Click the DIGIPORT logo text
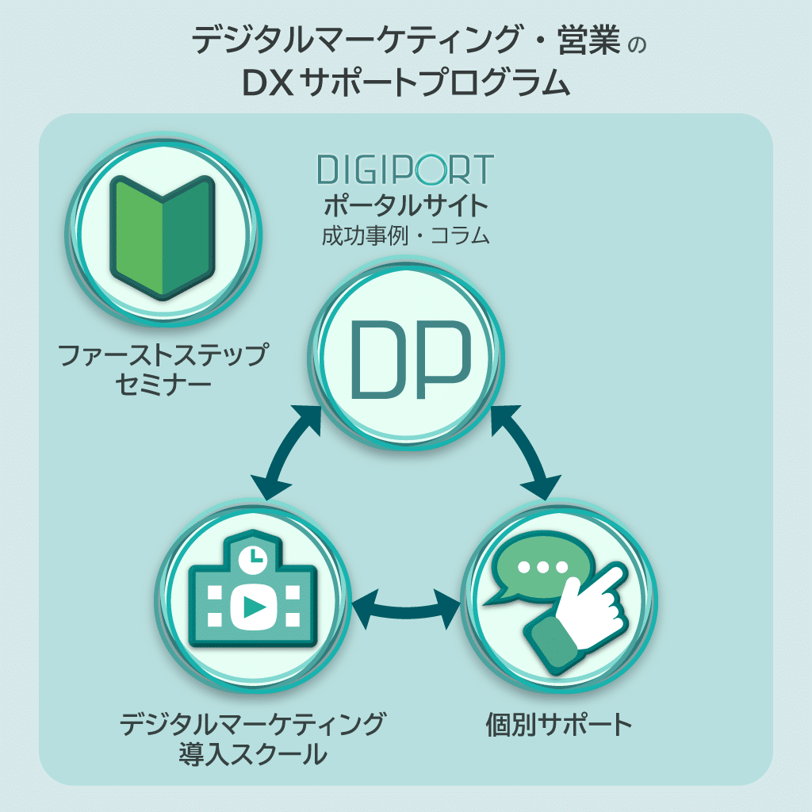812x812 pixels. pyautogui.click(x=404, y=170)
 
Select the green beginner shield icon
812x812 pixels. pyautogui.click(x=163, y=236)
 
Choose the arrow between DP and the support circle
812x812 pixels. pyautogui.click(x=526, y=450)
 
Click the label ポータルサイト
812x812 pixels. pyautogui.click(x=404, y=207)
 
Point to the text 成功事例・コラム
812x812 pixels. pyautogui.click(x=404, y=236)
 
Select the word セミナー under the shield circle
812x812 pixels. pyautogui.click(x=163, y=385)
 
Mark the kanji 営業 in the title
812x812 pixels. pyautogui.click(x=588, y=40)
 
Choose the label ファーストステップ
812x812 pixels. pyautogui.click(x=163, y=354)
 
